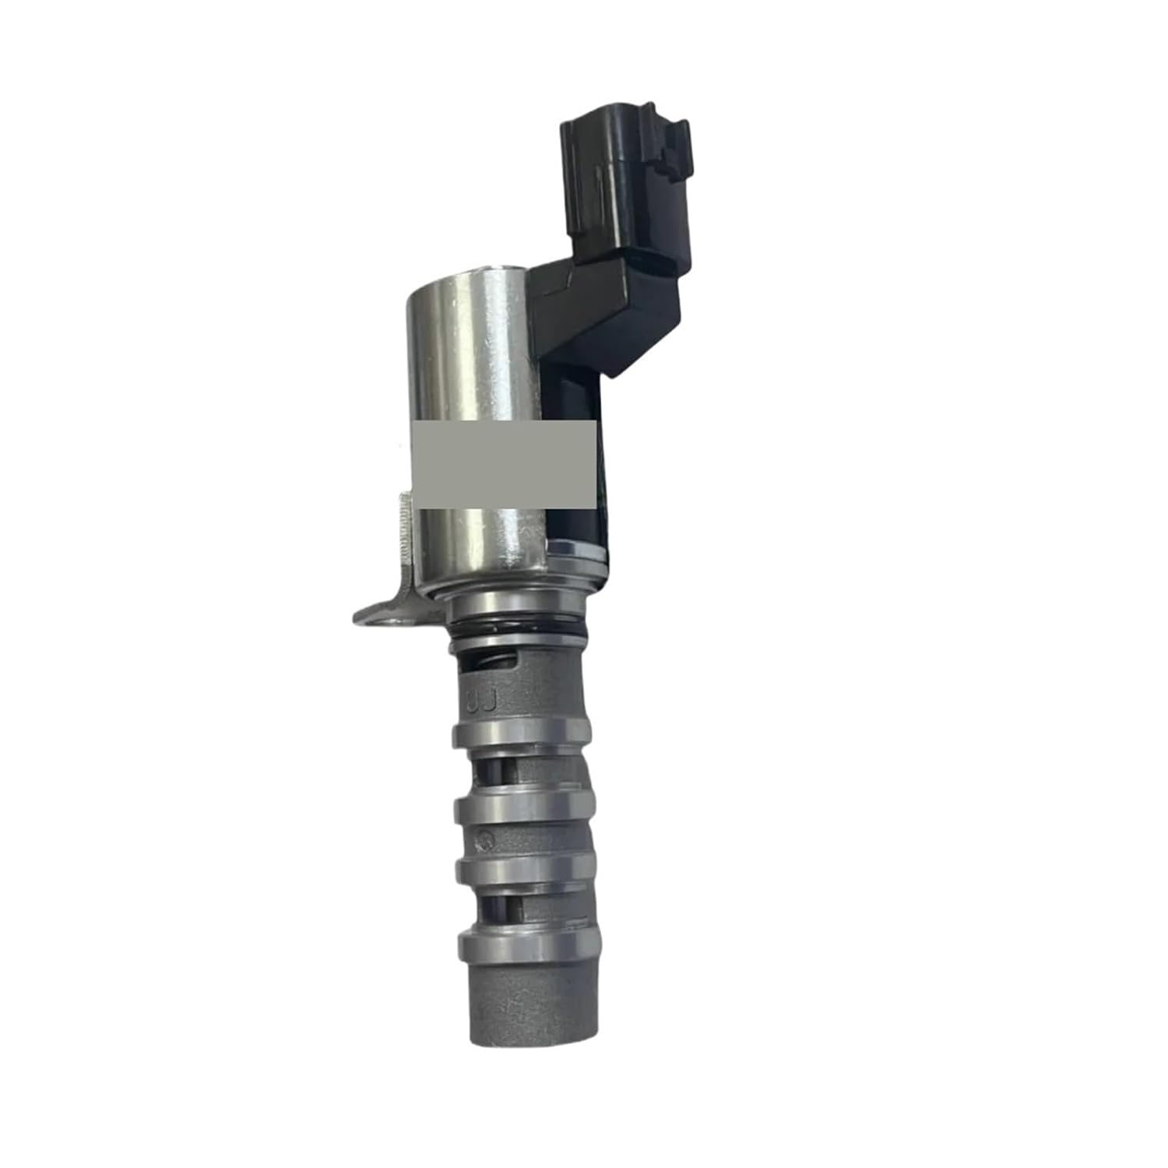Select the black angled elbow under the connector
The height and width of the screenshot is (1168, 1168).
(607, 311)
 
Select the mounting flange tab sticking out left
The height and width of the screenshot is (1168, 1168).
(382, 611)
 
